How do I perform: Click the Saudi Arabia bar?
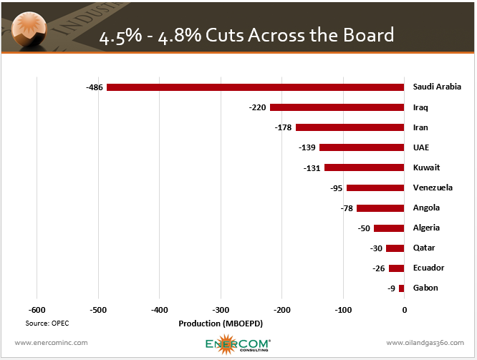pos(255,87)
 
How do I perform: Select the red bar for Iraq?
pos(337,107)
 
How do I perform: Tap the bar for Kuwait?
pos(364,167)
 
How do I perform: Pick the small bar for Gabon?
pos(401,288)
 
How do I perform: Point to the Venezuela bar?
pos(375,188)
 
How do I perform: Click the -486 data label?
pos(95,87)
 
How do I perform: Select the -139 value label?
pos(307,147)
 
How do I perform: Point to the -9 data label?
pos(391,288)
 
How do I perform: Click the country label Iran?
pos(421,127)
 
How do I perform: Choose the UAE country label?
pos(421,147)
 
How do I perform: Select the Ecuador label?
pos(428,268)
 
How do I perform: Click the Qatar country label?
pos(425,248)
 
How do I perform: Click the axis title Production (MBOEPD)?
pos(221,323)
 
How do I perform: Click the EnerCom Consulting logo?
pos(236,342)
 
